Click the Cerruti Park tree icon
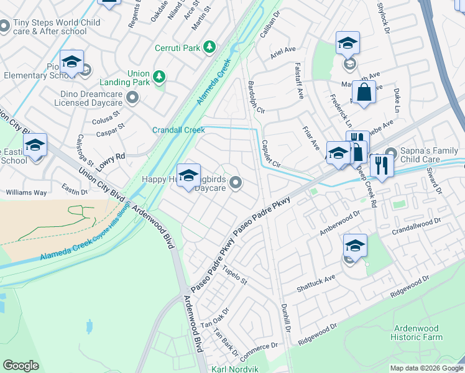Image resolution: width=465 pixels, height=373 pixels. [x=210, y=47]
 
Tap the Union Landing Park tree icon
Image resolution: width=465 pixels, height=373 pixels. [x=160, y=76]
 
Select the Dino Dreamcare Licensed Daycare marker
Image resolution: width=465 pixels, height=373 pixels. [x=132, y=97]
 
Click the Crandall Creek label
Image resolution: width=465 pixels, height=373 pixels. [x=178, y=130]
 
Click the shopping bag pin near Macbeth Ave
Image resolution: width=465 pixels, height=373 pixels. [x=364, y=93]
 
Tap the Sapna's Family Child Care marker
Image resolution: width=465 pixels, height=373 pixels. [x=390, y=153]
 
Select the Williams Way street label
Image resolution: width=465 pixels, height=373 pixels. [x=26, y=193]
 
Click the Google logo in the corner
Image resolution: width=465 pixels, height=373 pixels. [x=21, y=366]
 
